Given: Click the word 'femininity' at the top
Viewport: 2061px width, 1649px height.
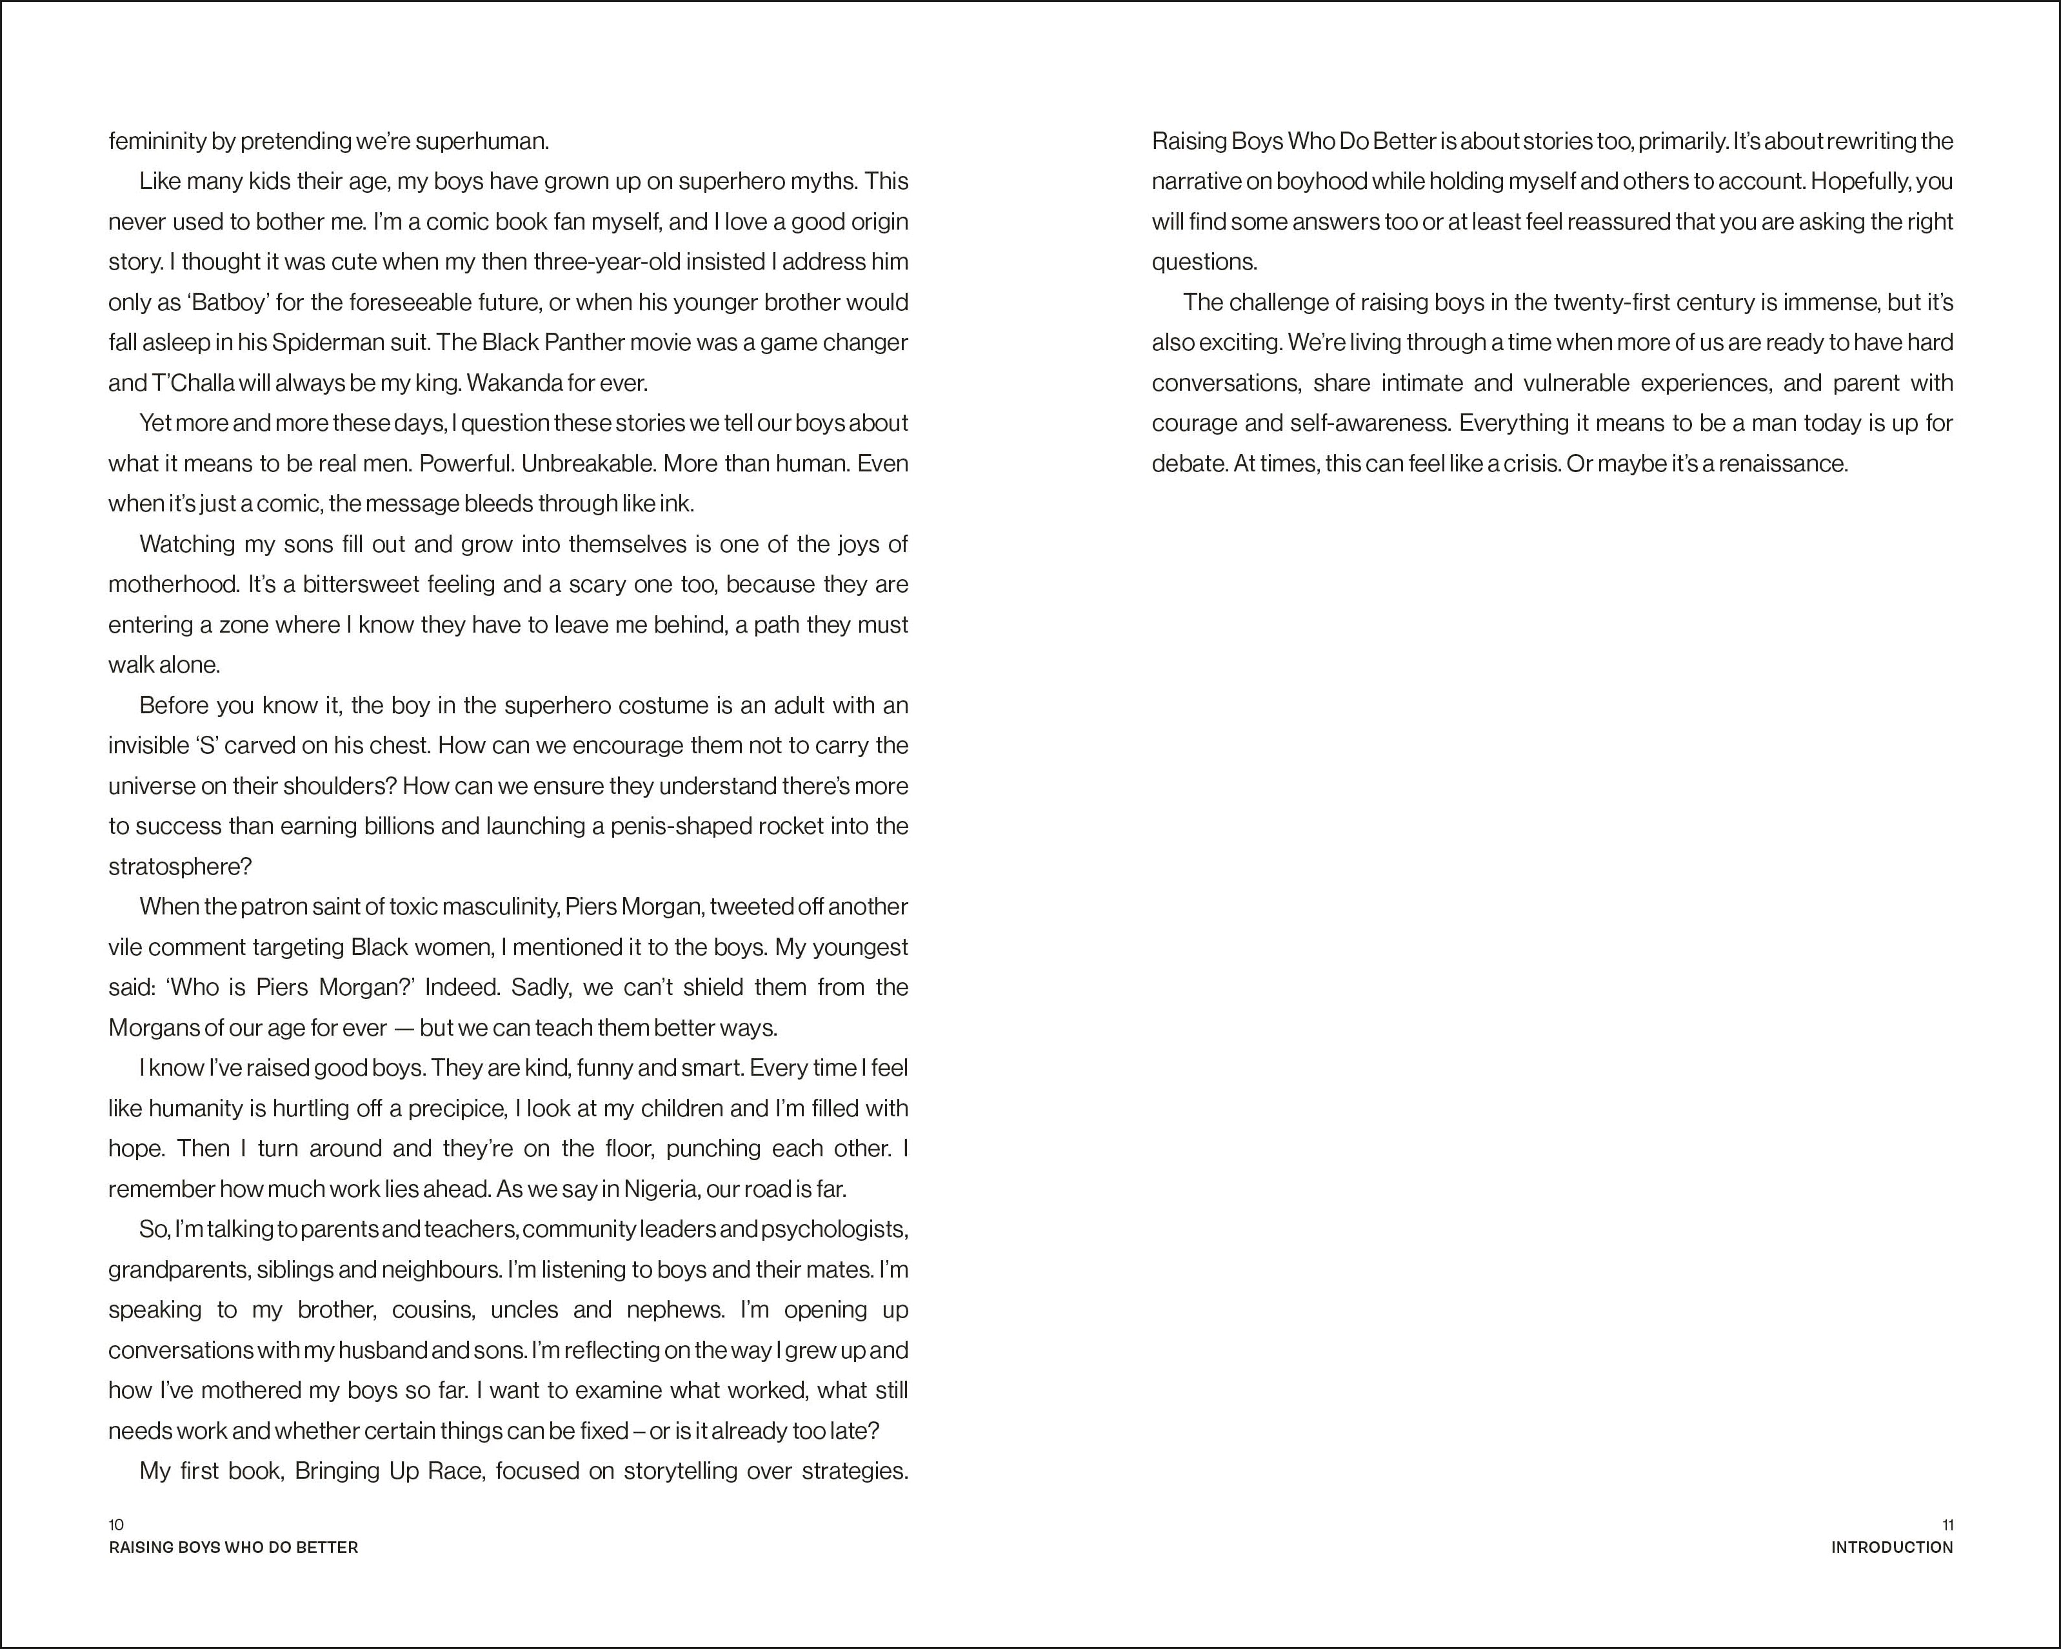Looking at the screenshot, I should [x=156, y=141].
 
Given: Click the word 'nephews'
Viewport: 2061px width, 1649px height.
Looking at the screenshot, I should [x=675, y=1310].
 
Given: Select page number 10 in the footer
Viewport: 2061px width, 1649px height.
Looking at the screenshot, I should [x=117, y=1525].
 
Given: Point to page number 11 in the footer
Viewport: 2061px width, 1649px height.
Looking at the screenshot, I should [x=1947, y=1525].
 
